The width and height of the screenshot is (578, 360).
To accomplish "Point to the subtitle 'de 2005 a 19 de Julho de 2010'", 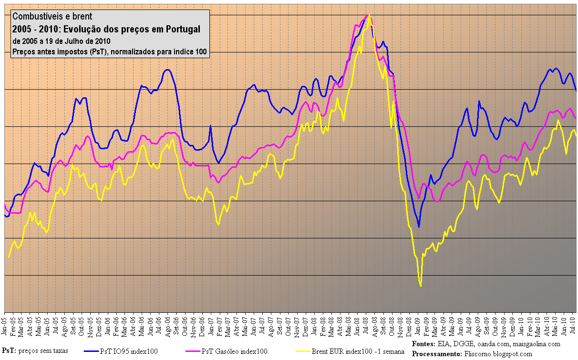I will pos(62,41).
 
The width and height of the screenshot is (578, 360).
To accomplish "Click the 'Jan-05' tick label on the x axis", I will pos(4,325).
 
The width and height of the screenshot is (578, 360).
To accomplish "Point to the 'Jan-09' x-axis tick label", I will pos(418,325).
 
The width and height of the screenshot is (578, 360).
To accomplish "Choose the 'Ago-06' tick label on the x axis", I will pos(168,325).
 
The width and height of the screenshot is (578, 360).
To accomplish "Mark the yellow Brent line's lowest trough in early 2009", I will pos(421,286).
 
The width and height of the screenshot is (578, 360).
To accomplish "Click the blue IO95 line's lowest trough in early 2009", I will pos(419,226).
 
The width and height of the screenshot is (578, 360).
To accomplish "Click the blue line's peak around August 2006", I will pos(167,70).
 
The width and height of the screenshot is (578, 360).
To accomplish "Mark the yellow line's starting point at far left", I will pos(9,257).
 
